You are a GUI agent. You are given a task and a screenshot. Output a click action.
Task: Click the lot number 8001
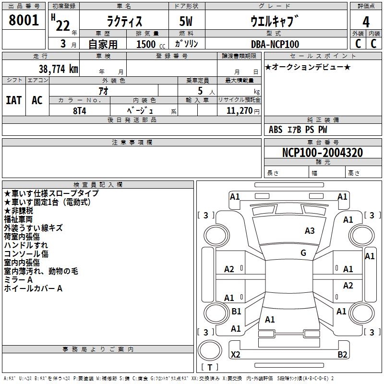tap(24, 20)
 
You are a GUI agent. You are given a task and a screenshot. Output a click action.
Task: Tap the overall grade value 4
tap(366, 22)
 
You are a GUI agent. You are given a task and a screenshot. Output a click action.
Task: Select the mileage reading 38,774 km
tap(58, 69)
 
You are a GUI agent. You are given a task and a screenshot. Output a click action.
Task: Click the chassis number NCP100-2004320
tap(323, 153)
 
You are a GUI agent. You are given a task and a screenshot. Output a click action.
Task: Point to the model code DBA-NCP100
tap(275, 44)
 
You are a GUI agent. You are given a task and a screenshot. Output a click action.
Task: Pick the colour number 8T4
tap(80, 111)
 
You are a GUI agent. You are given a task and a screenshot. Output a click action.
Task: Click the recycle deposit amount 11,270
tap(239, 110)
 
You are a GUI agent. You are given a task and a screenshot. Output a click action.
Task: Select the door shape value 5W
tap(186, 21)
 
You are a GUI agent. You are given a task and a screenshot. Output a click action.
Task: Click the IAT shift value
tap(14, 100)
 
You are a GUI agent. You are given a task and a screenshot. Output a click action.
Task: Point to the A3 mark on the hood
tap(310, 230)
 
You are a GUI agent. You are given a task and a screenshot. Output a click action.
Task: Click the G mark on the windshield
tap(303, 252)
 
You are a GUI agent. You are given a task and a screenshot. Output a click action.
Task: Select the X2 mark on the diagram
tap(235, 354)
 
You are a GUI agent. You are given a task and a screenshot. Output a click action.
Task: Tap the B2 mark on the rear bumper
tap(342, 354)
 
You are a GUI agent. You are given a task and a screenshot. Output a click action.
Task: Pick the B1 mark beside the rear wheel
tap(236, 311)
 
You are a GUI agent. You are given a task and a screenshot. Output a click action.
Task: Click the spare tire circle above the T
tap(210, 350)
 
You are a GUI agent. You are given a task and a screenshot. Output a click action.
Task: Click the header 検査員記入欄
tap(98, 185)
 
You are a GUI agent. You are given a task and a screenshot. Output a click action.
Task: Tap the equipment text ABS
tap(276, 130)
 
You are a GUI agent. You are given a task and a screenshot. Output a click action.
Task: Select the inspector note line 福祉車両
tap(18, 219)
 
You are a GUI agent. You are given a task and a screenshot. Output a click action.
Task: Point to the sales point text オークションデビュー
tap(308, 67)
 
